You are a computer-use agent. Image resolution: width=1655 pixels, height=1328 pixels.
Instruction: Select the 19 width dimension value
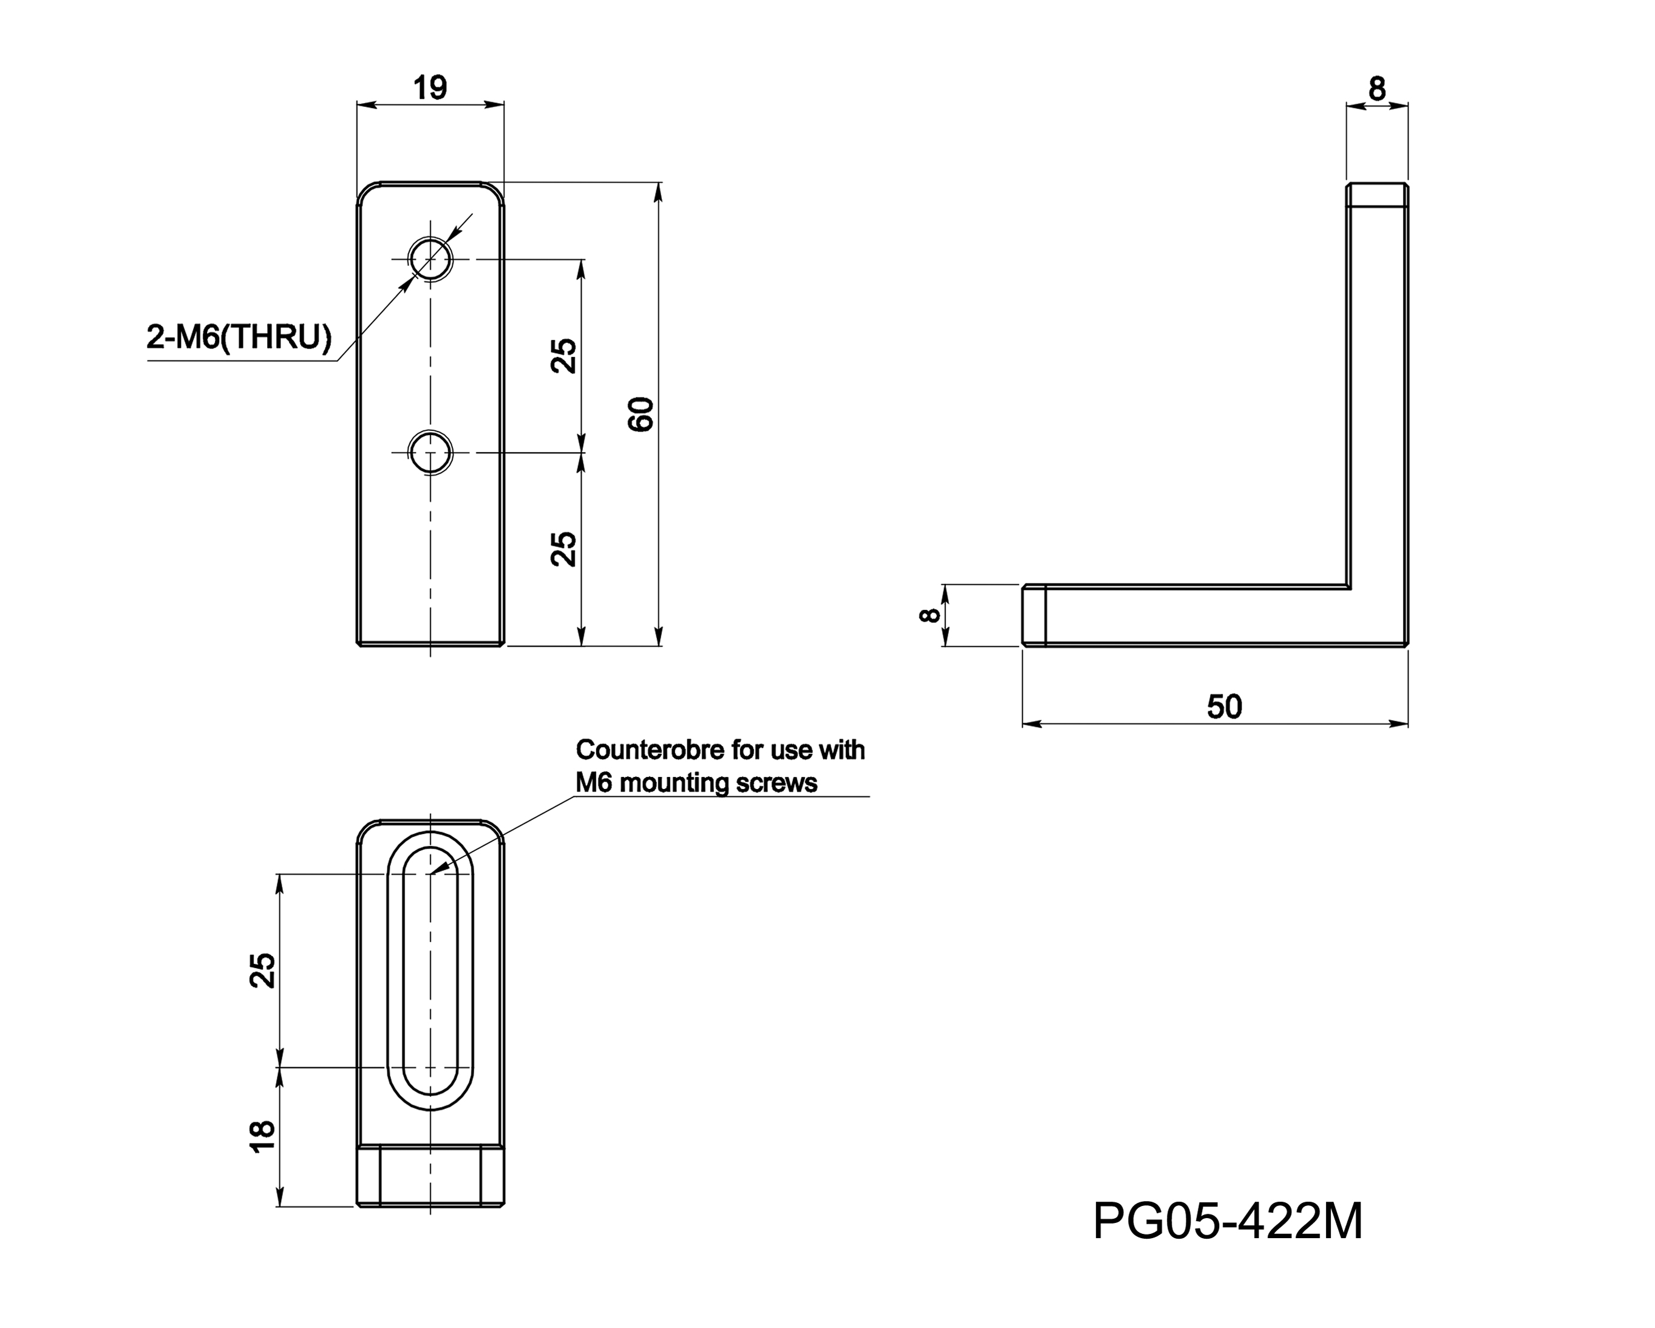(x=430, y=87)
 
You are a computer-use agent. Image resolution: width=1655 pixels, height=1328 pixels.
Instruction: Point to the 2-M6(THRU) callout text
(x=239, y=337)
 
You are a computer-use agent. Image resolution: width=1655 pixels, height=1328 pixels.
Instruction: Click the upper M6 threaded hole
(x=430, y=259)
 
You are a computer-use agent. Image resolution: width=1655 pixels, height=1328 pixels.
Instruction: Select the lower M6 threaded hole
(x=430, y=452)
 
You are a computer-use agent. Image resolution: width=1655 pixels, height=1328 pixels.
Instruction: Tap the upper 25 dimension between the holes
(x=564, y=356)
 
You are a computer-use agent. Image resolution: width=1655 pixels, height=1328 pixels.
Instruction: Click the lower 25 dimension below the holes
(x=564, y=548)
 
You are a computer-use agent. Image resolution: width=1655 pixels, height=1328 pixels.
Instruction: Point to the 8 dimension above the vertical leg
(x=1377, y=90)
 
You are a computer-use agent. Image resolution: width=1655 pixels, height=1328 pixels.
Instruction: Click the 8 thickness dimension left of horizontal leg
(x=929, y=615)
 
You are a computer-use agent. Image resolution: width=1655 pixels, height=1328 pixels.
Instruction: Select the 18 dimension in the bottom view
(x=262, y=1136)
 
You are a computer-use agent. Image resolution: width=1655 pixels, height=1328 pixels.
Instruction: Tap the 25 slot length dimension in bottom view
(x=262, y=971)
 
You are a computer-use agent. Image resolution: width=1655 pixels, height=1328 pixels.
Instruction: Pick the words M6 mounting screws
(x=696, y=784)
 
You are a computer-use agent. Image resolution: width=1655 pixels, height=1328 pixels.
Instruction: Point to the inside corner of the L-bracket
(x=1350, y=588)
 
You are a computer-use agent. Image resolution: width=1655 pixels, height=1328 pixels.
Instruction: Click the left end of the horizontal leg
(x=1033, y=615)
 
